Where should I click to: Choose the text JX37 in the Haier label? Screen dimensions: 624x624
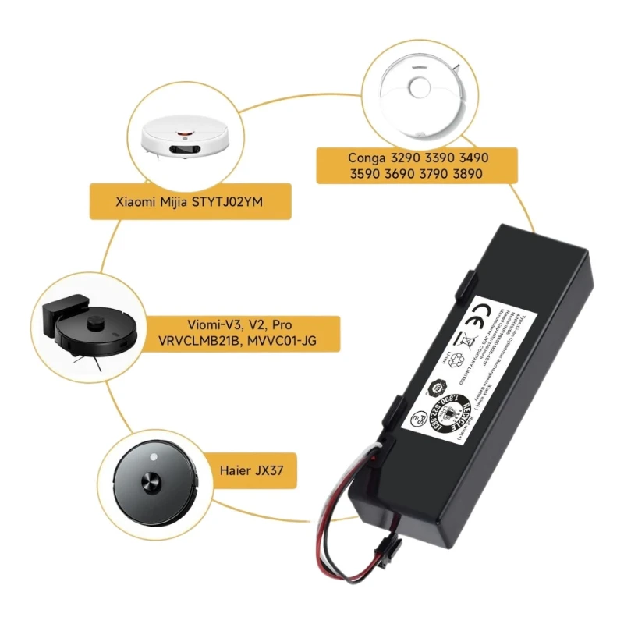(276, 470)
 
